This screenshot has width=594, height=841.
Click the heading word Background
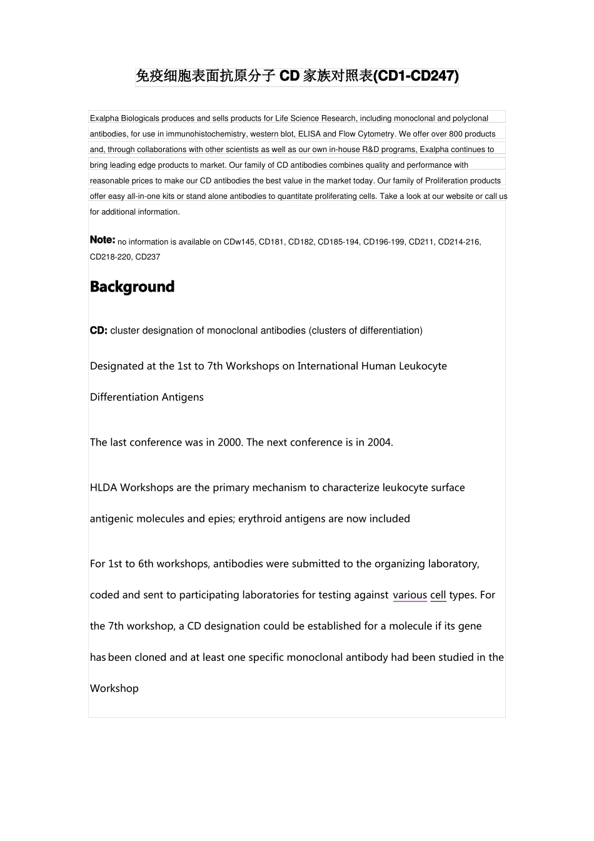pyautogui.click(x=132, y=287)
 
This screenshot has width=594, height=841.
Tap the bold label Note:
pyautogui.click(x=103, y=240)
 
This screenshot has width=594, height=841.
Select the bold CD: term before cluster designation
pyautogui.click(x=98, y=330)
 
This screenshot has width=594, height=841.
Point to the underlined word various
pyautogui.click(x=410, y=595)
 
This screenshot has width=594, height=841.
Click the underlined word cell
pyautogui.click(x=438, y=595)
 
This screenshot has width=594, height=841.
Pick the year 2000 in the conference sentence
pyautogui.click(x=229, y=442)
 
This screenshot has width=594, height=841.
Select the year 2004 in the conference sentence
pyautogui.click(x=379, y=442)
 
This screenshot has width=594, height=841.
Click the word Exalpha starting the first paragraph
pyautogui.click(x=104, y=118)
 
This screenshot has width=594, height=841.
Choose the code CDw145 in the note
pyautogui.click(x=239, y=242)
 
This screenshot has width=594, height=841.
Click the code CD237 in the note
pyautogui.click(x=148, y=257)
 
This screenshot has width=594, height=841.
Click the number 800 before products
pyautogui.click(x=455, y=134)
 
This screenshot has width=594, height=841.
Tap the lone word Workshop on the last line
pyautogui.click(x=114, y=688)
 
